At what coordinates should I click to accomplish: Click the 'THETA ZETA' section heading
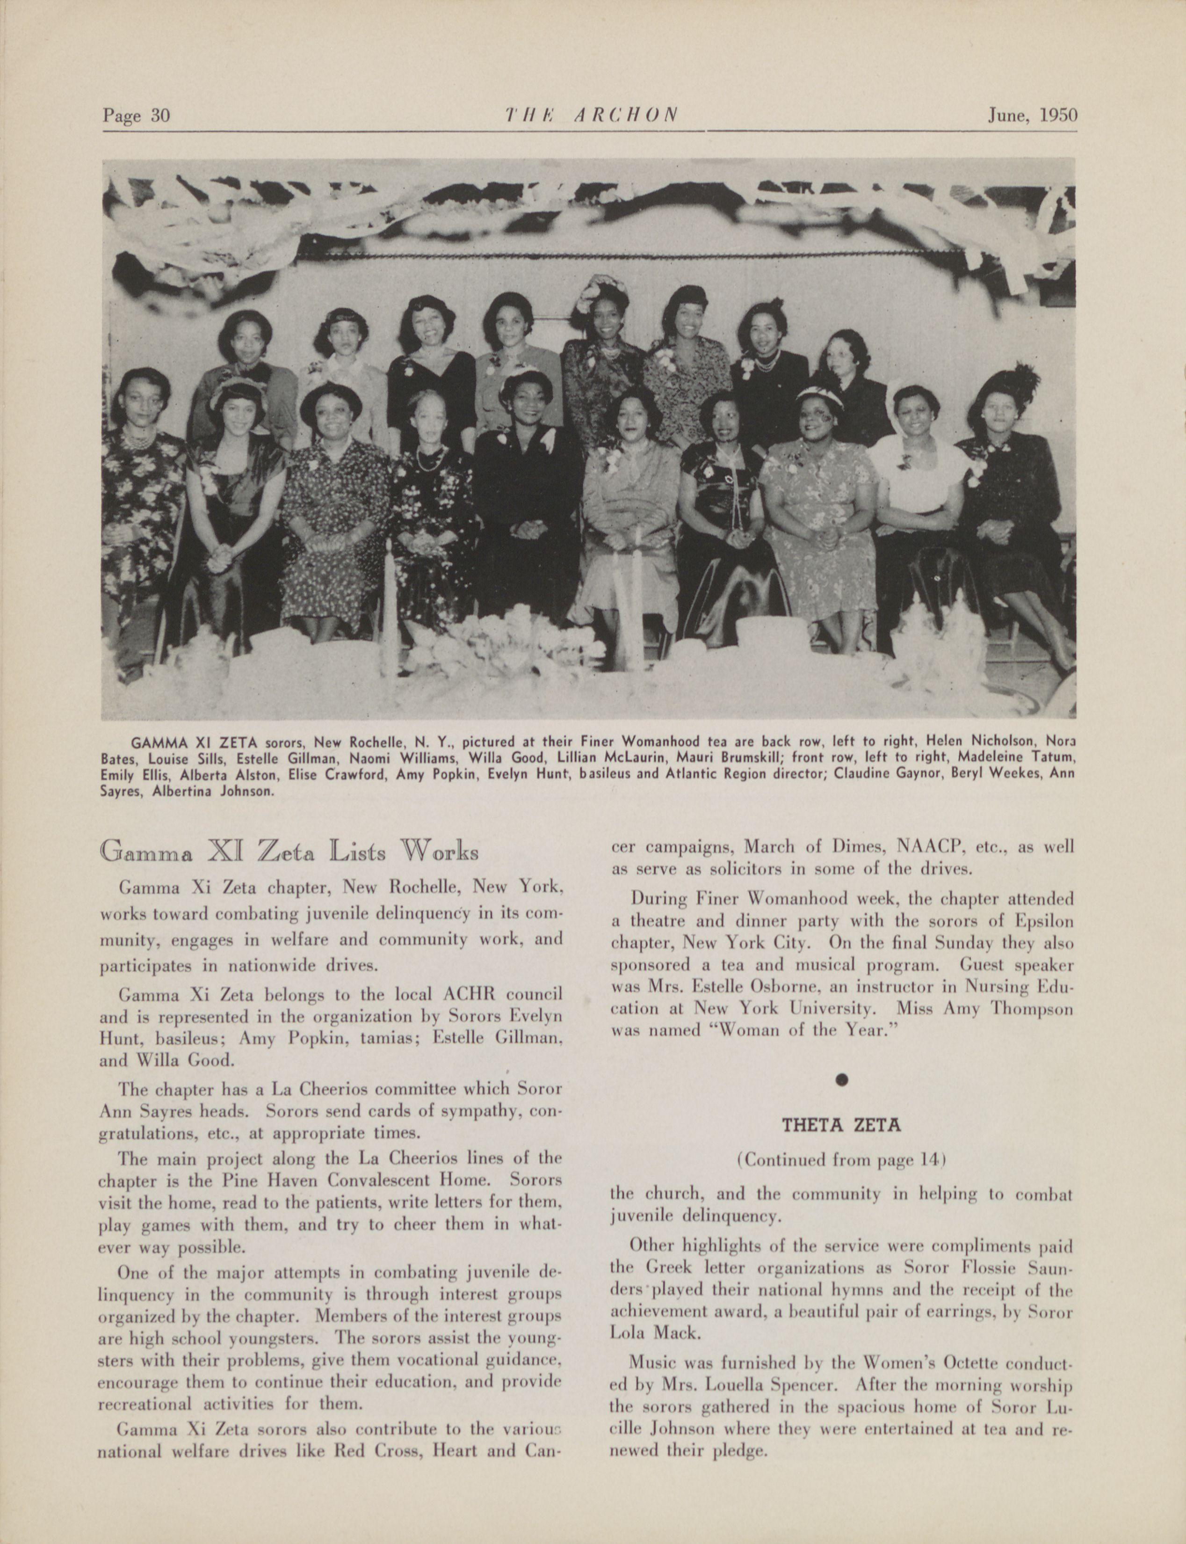tap(841, 1125)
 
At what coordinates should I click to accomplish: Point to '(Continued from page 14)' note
tap(841, 1160)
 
